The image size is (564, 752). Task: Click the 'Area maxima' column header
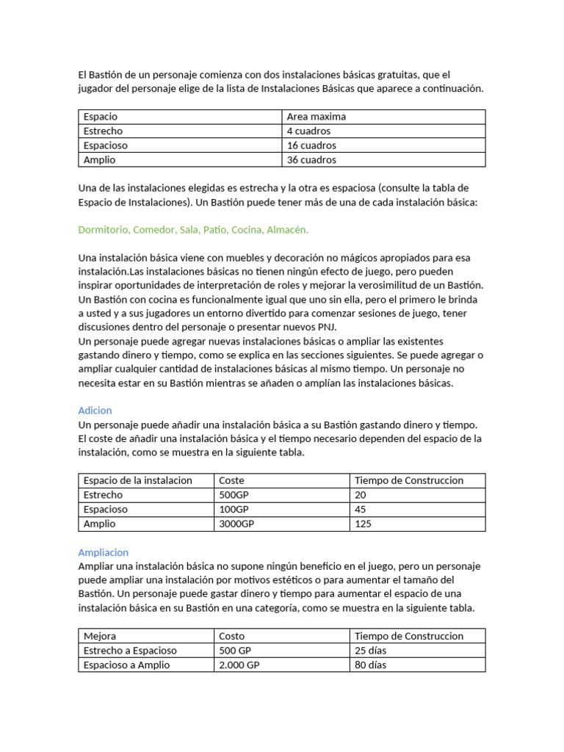(x=317, y=117)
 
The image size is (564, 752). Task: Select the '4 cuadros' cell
(x=309, y=131)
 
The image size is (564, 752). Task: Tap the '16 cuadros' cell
(x=311, y=145)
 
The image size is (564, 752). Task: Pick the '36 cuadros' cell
(x=311, y=159)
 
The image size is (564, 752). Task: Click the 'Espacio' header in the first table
(x=101, y=117)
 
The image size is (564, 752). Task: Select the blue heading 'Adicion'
(x=95, y=411)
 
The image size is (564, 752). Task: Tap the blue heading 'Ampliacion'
(x=104, y=552)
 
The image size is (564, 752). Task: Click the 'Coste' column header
(x=232, y=480)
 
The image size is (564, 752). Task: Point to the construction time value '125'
(x=364, y=524)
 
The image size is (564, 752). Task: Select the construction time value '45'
(x=361, y=509)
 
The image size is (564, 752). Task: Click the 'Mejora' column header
(x=100, y=636)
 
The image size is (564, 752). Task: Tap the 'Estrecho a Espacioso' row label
(x=130, y=651)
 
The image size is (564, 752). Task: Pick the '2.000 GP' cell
(x=239, y=665)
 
